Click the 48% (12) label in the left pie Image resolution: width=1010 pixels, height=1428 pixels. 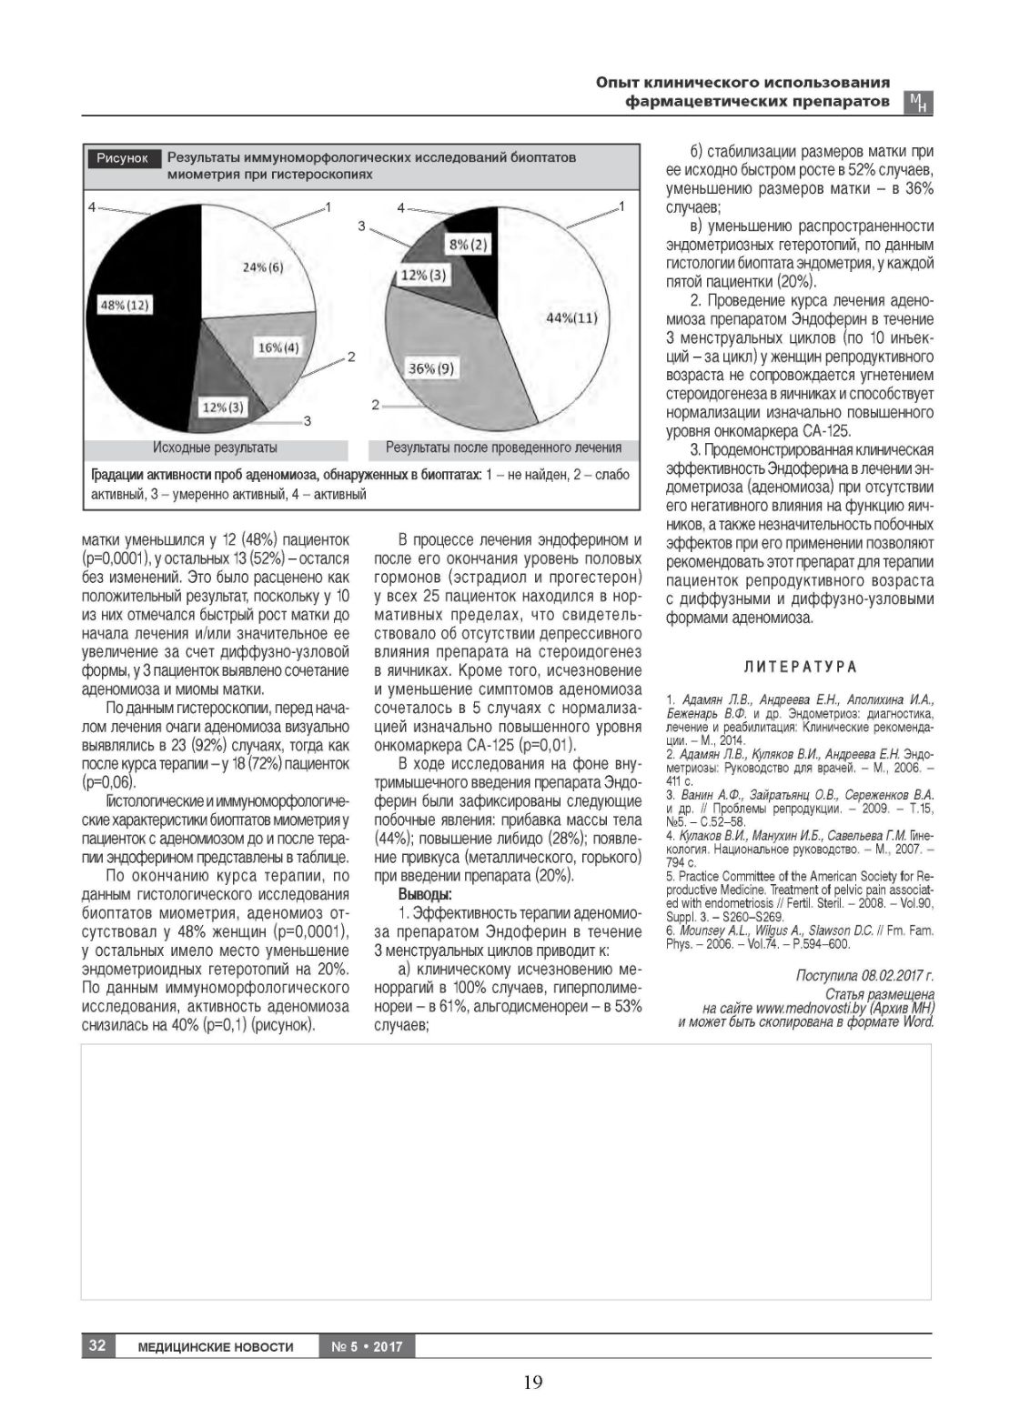tap(125, 306)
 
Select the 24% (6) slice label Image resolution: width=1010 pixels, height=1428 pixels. tap(263, 266)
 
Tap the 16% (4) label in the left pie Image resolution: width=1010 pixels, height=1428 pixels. tap(278, 347)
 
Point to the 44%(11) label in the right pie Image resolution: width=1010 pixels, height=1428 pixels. tap(571, 317)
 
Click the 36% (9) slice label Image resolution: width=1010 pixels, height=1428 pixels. tap(431, 368)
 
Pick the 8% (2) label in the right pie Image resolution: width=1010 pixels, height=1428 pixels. tap(468, 244)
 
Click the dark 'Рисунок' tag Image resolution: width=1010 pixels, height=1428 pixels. tap(123, 158)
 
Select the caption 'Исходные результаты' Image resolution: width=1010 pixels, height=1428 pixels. tap(215, 448)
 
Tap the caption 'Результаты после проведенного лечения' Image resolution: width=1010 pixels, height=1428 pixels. tap(503, 448)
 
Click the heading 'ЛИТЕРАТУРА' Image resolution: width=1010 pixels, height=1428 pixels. tap(800, 667)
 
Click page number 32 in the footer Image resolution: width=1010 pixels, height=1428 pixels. tap(96, 1345)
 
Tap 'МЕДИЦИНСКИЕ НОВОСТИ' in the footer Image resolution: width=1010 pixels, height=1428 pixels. tap(216, 1346)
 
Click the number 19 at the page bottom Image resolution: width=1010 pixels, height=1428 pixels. tap(532, 1383)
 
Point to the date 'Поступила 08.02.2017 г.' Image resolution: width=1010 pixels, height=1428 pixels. tap(864, 976)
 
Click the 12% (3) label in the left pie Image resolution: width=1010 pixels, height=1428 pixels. tap(224, 407)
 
